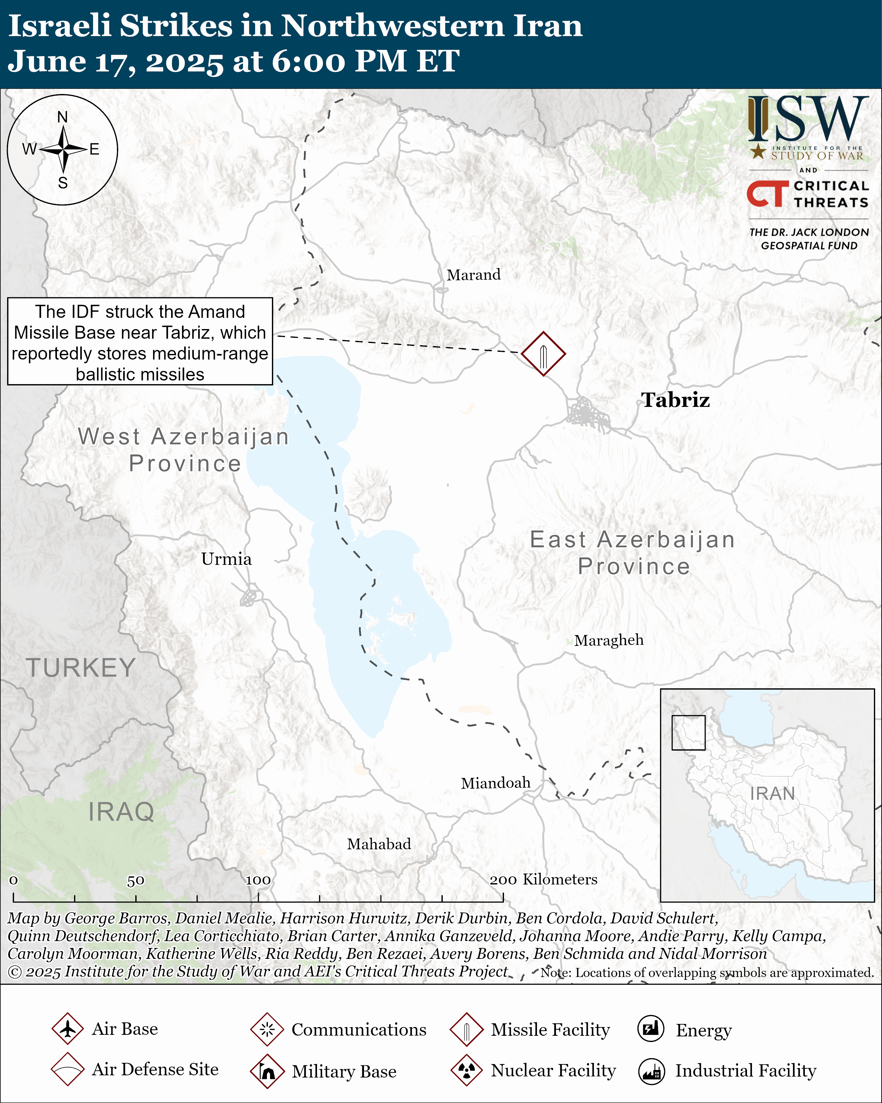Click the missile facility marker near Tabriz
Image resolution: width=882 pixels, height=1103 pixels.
[x=543, y=354]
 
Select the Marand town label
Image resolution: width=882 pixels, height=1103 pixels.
[x=474, y=275]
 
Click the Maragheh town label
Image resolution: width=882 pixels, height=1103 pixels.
[x=609, y=640]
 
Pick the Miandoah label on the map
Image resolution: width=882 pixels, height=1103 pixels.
[x=496, y=783]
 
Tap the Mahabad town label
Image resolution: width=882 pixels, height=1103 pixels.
[x=379, y=844]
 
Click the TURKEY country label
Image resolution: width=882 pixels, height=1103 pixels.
[x=81, y=668]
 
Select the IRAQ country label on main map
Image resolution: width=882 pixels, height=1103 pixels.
[x=121, y=812]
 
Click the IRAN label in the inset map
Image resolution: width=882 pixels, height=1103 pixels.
[x=772, y=794]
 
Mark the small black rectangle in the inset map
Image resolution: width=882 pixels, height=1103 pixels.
[x=688, y=733]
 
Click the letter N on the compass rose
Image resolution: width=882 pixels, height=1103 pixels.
[x=63, y=117]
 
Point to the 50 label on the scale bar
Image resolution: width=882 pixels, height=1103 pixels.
[x=136, y=880]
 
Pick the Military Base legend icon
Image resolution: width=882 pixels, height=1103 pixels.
[x=267, y=1071]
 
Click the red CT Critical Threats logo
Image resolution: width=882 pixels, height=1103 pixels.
[x=767, y=193]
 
